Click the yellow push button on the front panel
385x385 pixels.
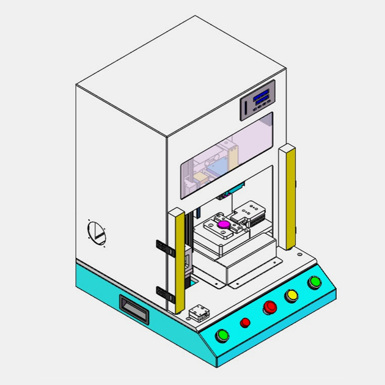point(291,296)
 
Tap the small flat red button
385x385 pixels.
point(245,322)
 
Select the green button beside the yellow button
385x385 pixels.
point(315,282)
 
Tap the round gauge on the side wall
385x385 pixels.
point(96,232)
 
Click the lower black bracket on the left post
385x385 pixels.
point(163,292)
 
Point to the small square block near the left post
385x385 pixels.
point(199,312)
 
